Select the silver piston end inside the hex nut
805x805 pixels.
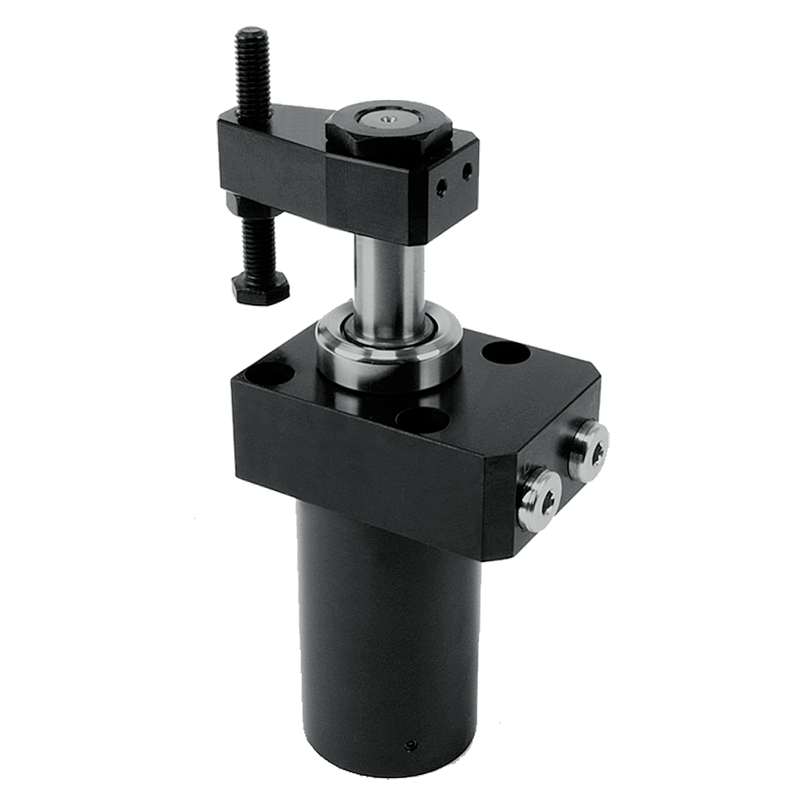(388, 120)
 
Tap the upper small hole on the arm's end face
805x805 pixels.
(466, 172)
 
